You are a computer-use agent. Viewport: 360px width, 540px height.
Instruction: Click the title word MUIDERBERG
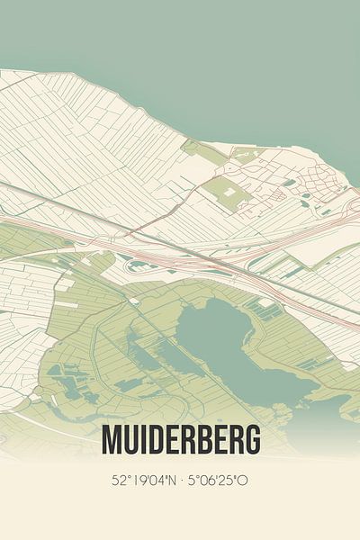[x=181, y=440]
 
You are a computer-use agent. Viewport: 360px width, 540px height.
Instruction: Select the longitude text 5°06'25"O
[x=217, y=481]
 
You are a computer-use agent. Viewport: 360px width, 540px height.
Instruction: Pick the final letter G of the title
[x=253, y=440]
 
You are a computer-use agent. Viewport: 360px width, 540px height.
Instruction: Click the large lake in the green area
[x=225, y=346]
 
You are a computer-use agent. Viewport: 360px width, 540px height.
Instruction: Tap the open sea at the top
[x=180, y=36]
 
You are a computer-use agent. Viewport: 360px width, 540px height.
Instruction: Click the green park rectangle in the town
[x=220, y=192]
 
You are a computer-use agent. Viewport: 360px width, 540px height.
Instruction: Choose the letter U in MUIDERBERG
[x=130, y=440]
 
